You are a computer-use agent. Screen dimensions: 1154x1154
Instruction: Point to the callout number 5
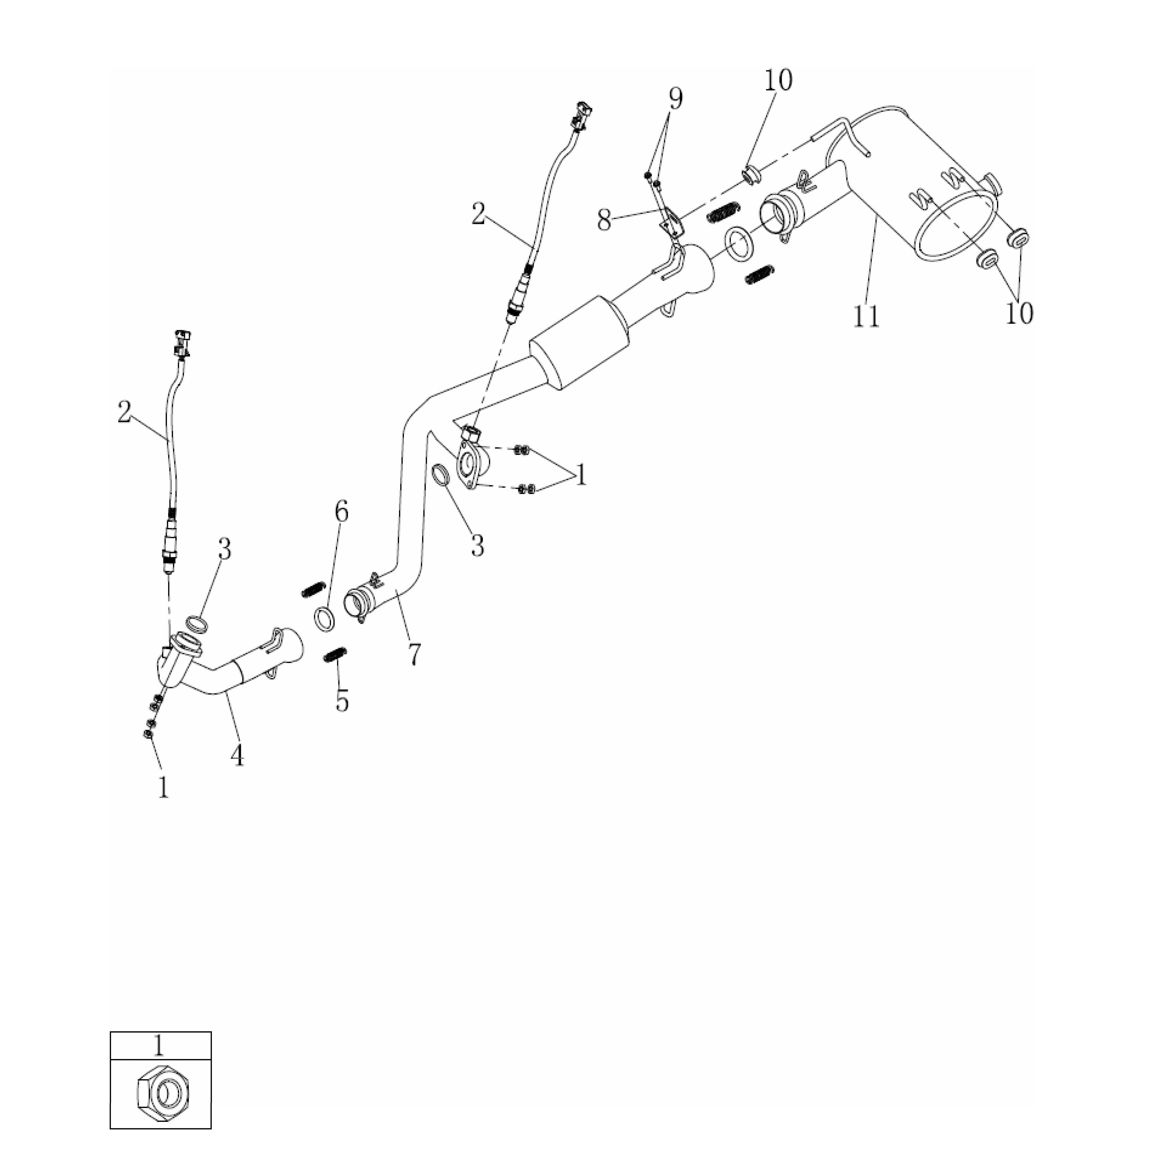pyautogui.click(x=342, y=701)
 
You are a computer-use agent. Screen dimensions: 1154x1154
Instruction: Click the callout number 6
pyautogui.click(x=341, y=512)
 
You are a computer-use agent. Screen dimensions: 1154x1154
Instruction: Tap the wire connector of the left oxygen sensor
pyautogui.click(x=182, y=344)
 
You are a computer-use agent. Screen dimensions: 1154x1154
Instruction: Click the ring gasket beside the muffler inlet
pyautogui.click(x=739, y=244)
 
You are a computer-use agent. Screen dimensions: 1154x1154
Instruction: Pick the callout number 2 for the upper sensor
pyautogui.click(x=479, y=214)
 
